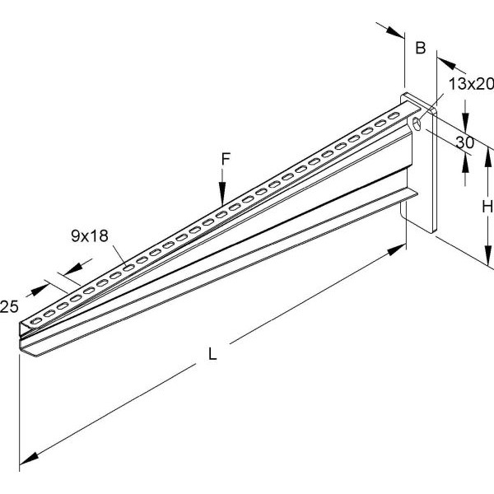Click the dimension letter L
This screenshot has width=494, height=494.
(x=212, y=355)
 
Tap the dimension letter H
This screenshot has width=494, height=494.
(x=487, y=205)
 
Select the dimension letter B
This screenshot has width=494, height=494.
(x=420, y=49)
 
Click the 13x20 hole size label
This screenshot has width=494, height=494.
(x=471, y=82)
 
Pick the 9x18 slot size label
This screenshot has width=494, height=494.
(x=90, y=237)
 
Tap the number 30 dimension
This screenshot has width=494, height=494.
(x=464, y=142)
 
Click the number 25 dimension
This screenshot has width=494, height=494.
(x=9, y=307)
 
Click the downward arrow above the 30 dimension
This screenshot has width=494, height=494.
(x=465, y=118)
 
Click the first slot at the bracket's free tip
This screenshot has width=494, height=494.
(x=35, y=317)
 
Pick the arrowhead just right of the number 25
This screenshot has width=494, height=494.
(x=40, y=291)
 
